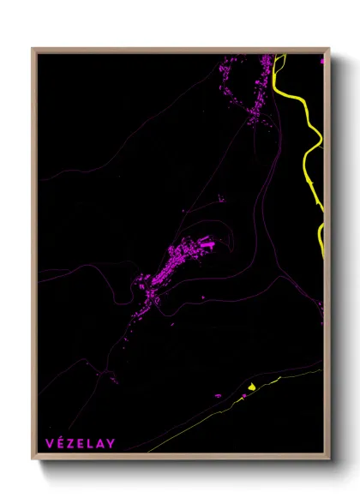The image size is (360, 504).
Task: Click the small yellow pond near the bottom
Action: (x=250, y=387)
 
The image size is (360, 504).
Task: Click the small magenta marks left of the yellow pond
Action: (x=218, y=395)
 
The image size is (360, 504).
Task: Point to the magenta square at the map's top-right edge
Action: (x=321, y=61)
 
